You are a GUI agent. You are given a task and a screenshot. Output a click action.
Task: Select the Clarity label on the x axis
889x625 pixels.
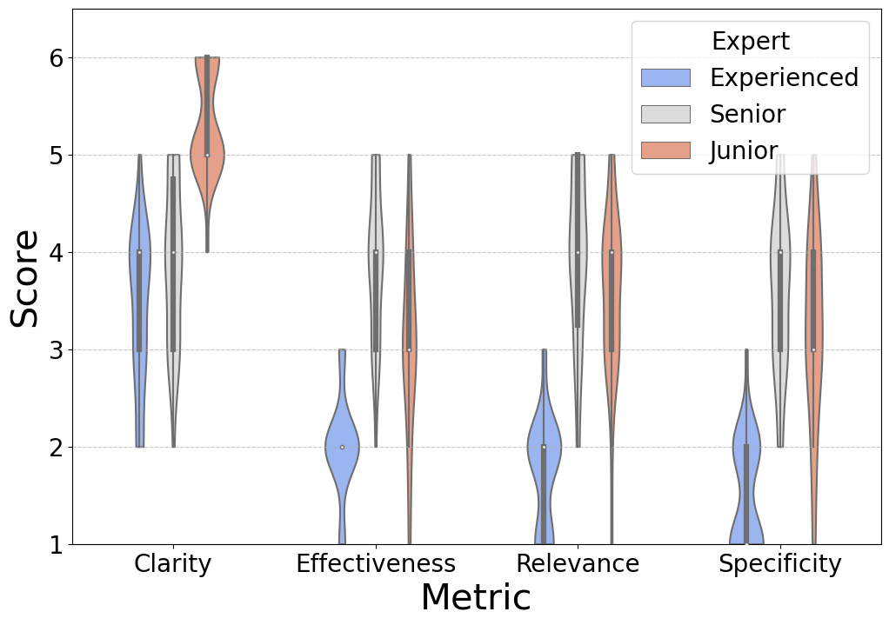tap(172, 564)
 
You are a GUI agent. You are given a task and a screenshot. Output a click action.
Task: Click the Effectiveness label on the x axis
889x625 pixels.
tap(375, 564)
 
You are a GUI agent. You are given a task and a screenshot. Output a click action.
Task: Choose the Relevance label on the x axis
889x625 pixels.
tap(578, 564)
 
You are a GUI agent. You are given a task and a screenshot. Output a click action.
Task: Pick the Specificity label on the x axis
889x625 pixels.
tap(779, 564)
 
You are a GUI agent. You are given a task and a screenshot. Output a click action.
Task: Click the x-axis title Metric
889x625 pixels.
tap(475, 598)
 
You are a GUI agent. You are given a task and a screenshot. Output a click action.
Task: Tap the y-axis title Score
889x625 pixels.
tap(24, 278)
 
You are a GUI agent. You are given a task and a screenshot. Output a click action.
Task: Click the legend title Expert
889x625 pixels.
tap(750, 42)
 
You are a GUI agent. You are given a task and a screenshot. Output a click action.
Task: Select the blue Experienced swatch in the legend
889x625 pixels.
tap(665, 78)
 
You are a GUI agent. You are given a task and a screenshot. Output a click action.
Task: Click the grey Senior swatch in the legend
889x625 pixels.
tap(665, 114)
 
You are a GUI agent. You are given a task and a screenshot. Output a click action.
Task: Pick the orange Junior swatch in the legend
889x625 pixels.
tap(665, 150)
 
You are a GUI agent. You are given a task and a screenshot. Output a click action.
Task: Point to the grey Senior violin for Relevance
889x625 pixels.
tap(578, 261)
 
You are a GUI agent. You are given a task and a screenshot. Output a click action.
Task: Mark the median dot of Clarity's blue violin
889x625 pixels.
tap(139, 253)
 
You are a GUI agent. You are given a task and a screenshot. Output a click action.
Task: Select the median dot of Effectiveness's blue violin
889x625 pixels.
tap(342, 447)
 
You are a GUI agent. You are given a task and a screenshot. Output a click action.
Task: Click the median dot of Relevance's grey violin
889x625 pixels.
tap(578, 253)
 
